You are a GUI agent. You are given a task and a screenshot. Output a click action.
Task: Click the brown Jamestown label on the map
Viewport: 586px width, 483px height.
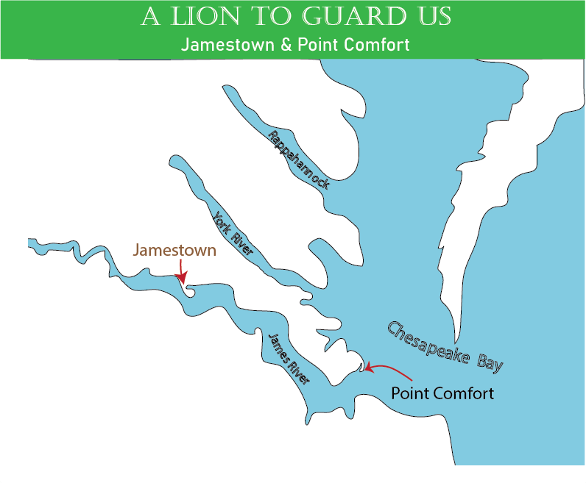pyautogui.click(x=174, y=250)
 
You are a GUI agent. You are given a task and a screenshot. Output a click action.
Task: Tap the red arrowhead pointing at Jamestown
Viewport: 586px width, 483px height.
pyautogui.click(x=180, y=276)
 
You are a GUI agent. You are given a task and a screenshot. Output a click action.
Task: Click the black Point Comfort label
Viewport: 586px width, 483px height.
pyautogui.click(x=442, y=393)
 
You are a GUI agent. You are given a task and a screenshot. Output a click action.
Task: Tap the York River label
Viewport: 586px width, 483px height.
pyautogui.click(x=233, y=234)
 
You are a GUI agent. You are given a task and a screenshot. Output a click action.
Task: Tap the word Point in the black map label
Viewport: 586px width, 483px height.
pyautogui.click(x=409, y=393)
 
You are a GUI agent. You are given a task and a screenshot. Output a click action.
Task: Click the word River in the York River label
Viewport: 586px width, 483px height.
pyautogui.click(x=242, y=244)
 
